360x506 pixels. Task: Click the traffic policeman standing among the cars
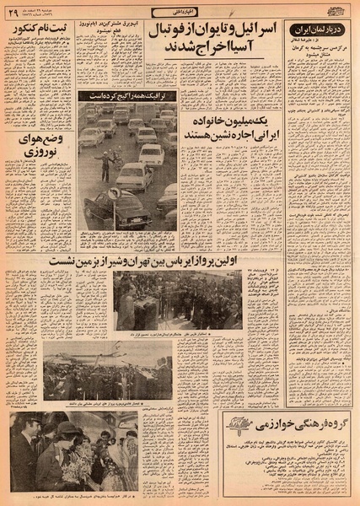coord(106,161)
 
